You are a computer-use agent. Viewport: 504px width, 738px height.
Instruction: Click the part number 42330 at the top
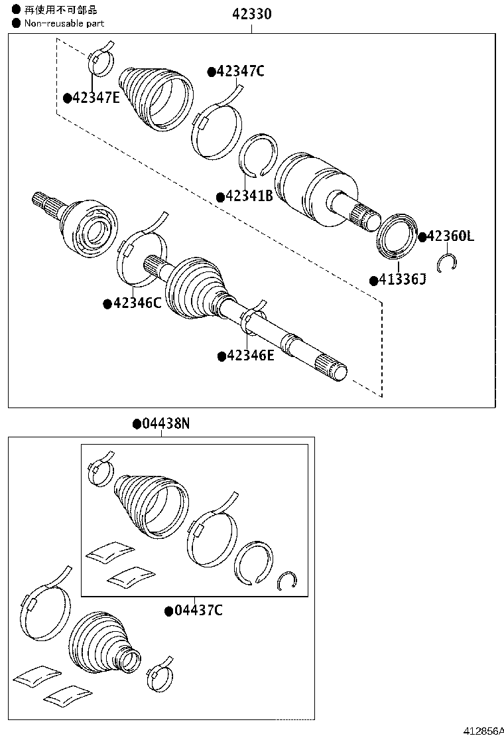coord(251,14)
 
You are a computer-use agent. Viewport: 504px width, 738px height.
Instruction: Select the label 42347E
coord(95,98)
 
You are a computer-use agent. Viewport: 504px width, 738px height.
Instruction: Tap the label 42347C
coord(239,72)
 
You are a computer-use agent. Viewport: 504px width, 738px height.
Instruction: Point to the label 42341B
coord(249,196)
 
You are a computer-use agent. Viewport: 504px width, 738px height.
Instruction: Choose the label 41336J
coord(402,279)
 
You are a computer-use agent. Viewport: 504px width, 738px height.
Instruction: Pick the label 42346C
coord(136,303)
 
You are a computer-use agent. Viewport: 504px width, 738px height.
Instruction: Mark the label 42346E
coord(250,356)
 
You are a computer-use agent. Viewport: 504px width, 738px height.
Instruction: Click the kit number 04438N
coord(165,423)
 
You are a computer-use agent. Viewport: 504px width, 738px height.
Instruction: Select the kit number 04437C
coord(198,610)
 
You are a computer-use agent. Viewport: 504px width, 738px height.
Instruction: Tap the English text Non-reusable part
coord(64,23)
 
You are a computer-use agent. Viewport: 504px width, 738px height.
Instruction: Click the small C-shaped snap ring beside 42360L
coord(448,264)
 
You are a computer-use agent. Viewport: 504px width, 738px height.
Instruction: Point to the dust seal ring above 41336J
coord(396,234)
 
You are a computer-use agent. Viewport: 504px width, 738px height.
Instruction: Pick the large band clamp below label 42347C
coord(217,130)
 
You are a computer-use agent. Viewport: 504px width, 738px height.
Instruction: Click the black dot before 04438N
coord(136,423)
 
